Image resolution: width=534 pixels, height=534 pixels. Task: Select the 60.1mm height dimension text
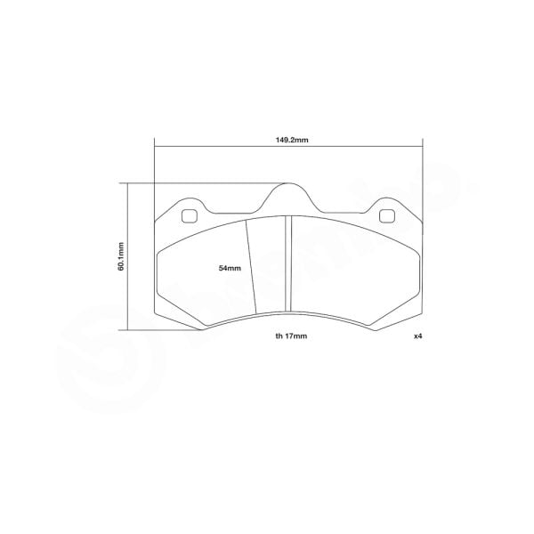(120, 256)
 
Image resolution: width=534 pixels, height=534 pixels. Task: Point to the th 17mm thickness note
(291, 338)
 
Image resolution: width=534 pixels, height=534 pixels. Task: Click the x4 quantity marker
(416, 338)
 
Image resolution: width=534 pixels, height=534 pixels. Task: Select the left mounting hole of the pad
(189, 215)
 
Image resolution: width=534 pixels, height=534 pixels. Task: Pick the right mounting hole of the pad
(387, 215)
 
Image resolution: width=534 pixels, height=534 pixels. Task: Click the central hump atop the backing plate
(287, 192)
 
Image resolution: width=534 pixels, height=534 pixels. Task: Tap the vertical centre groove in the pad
(287, 267)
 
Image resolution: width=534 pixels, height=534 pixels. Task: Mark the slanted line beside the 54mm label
(252, 267)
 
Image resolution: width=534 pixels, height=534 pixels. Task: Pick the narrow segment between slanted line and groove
(270, 267)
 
